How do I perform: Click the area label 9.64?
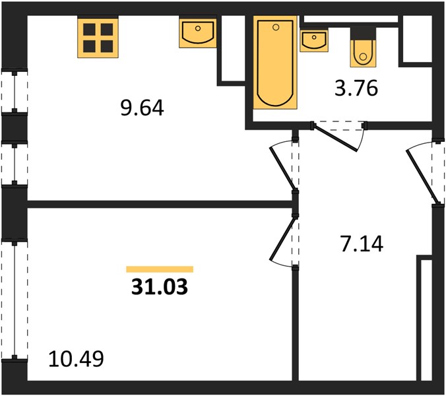pos(143,108)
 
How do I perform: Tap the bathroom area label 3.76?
pos(356,88)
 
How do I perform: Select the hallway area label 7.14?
pos(362,244)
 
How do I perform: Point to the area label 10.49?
pos(77,359)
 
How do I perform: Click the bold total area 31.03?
pos(160,286)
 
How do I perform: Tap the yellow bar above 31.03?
pos(160,269)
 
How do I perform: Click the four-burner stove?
pos(98,38)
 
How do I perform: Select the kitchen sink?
pos(198,33)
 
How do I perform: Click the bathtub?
pos(275,62)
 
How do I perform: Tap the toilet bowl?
pos(363,53)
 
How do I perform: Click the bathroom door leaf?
pos(336,138)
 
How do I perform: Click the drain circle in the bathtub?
pos(275,27)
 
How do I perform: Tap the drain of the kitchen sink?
pos(198,28)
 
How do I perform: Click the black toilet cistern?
pos(363,34)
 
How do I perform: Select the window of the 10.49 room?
pos(15,300)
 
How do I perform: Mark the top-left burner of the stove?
pos(89,29)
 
